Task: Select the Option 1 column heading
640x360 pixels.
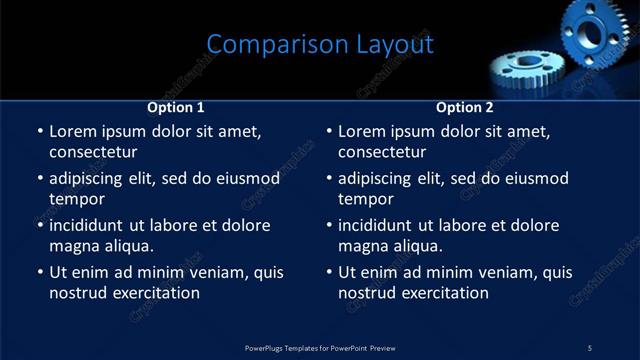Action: pyautogui.click(x=176, y=107)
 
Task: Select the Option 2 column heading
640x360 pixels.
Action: pyautogui.click(x=465, y=107)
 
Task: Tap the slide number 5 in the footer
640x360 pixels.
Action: pyautogui.click(x=589, y=347)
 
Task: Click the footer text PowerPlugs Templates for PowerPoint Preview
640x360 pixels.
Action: pyautogui.click(x=320, y=347)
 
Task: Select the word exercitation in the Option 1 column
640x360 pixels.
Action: pyautogui.click(x=155, y=293)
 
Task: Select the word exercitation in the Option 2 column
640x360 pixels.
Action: pyautogui.click(x=444, y=293)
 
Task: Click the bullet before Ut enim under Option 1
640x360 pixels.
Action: pyautogui.click(x=39, y=272)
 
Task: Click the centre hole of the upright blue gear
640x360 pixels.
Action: pyautogui.click(x=592, y=32)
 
